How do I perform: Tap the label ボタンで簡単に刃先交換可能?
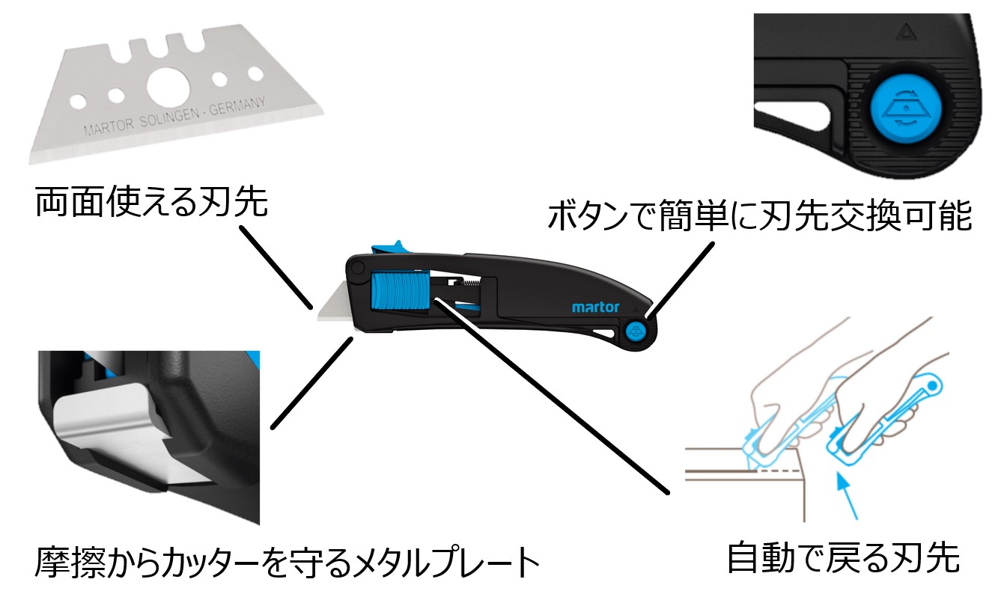[x=759, y=216]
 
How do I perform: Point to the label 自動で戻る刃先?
[x=843, y=557]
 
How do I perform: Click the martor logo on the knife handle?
[x=596, y=307]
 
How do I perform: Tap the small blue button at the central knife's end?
[x=636, y=331]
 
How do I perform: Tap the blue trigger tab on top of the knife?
[x=389, y=248]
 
